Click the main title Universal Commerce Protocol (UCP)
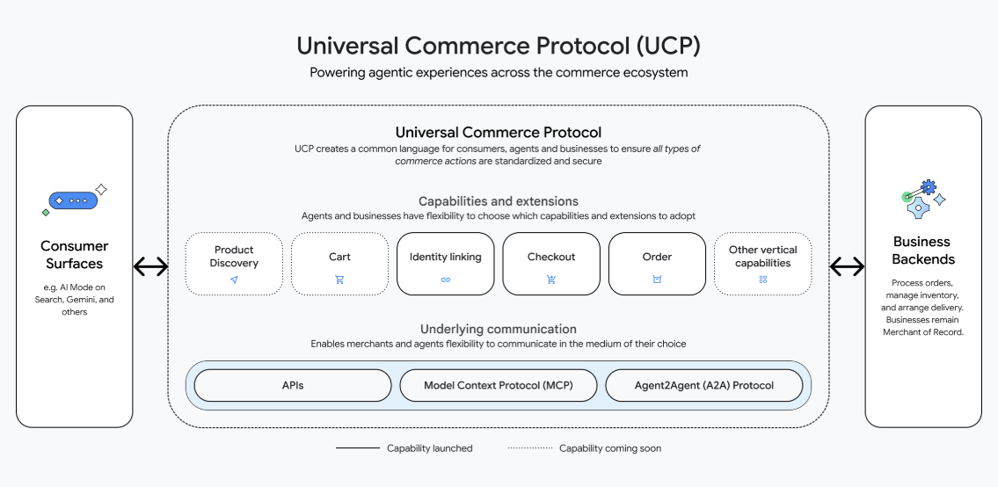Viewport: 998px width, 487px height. tap(499, 45)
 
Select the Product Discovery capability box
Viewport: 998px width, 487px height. tap(234, 263)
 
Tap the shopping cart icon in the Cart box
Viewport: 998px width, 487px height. tap(339, 280)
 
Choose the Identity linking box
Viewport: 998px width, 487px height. tap(445, 263)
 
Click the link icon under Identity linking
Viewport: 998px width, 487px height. tap(445, 280)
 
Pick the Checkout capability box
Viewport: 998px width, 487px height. tap(551, 263)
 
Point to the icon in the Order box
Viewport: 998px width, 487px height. tap(657, 280)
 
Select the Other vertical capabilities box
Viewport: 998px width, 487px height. tap(762, 263)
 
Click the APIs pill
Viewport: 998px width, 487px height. tap(293, 385)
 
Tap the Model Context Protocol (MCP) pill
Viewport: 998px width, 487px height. tap(499, 385)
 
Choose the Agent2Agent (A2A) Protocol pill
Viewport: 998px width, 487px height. tap(704, 385)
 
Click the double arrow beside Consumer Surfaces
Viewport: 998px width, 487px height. tap(150, 266)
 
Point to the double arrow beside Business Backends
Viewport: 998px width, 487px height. tap(848, 266)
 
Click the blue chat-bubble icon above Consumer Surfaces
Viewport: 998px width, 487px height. tap(73, 200)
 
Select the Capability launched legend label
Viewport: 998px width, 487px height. tap(429, 448)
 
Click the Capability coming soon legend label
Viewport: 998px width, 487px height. tap(609, 448)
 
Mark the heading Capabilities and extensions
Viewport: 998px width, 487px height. tap(499, 201)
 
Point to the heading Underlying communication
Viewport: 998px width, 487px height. tap(499, 329)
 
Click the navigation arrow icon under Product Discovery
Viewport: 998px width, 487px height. tap(234, 280)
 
